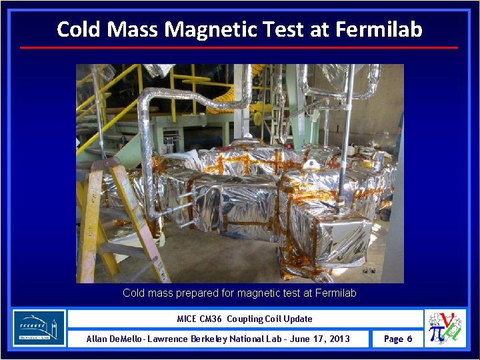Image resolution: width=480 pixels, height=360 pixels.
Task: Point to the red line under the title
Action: pyautogui.click(x=239, y=47)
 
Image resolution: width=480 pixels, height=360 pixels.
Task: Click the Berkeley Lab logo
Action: pyautogui.click(x=39, y=328)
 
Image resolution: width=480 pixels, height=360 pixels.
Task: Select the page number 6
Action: pyautogui.click(x=409, y=339)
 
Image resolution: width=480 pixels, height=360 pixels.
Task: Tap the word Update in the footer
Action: pyautogui.click(x=298, y=319)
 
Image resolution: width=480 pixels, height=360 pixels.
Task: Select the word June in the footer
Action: pyautogui.click(x=299, y=339)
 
